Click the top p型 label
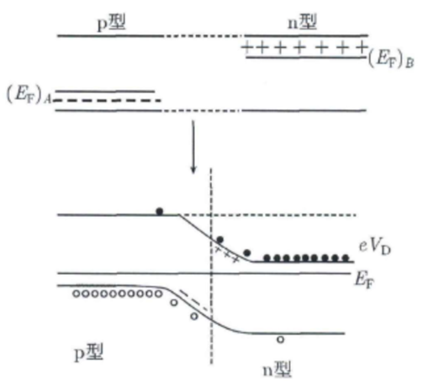(x=111, y=23)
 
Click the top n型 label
(x=302, y=22)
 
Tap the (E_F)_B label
(x=391, y=60)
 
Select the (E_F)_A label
(x=29, y=95)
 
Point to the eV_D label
(x=375, y=247)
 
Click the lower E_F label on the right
(x=364, y=280)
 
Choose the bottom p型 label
(x=88, y=352)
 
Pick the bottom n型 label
(x=277, y=369)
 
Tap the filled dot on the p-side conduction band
(x=160, y=211)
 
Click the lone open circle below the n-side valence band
(x=280, y=340)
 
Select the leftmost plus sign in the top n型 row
(x=246, y=47)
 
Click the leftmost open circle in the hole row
(x=77, y=293)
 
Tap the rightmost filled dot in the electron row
(x=346, y=258)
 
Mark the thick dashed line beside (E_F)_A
(x=108, y=100)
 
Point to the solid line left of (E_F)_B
(x=306, y=57)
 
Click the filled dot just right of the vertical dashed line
(x=220, y=240)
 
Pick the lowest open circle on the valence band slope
(x=194, y=316)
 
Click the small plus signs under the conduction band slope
(x=227, y=255)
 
